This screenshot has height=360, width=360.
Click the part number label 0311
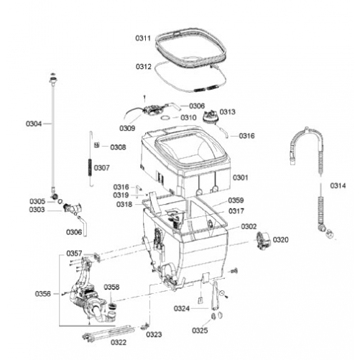[x=143, y=38]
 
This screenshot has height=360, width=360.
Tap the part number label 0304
[x=34, y=124]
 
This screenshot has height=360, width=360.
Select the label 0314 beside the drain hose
[x=338, y=185]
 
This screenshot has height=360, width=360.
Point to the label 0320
[x=281, y=239]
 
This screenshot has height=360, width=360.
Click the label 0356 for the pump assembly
[x=43, y=294]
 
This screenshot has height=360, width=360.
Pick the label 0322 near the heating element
[x=119, y=342]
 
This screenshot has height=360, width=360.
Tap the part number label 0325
[x=200, y=331]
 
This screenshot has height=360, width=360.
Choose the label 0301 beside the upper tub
[x=241, y=177]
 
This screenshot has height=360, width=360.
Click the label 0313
[x=228, y=111]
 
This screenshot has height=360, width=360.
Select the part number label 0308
[x=118, y=147]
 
